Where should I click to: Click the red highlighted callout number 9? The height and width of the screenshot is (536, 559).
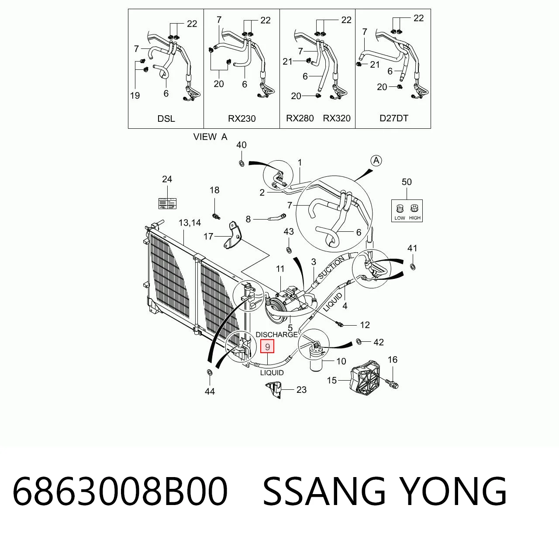pyautogui.click(x=267, y=346)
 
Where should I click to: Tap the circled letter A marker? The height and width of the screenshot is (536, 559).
pyautogui.click(x=376, y=161)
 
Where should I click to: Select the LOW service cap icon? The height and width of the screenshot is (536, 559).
pyautogui.click(x=400, y=208)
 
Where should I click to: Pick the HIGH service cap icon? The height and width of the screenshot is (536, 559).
pyautogui.click(x=414, y=208)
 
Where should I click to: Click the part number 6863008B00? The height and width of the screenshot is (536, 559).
pyautogui.click(x=120, y=491)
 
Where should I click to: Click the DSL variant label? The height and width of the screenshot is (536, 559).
pyautogui.click(x=166, y=119)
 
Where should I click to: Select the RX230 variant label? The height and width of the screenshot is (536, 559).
pyautogui.click(x=242, y=119)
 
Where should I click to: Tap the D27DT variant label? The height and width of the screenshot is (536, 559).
pyautogui.click(x=393, y=118)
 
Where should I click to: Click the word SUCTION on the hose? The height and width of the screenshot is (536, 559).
pyautogui.click(x=331, y=267)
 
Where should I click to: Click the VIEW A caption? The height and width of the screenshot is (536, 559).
pyautogui.click(x=210, y=137)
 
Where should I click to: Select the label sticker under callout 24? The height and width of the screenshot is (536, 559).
pyautogui.click(x=167, y=203)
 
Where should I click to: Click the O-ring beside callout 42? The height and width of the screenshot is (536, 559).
pyautogui.click(x=359, y=341)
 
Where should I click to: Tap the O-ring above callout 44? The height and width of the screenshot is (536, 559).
pyautogui.click(x=210, y=372)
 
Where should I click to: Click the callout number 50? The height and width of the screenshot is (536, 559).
pyautogui.click(x=407, y=182)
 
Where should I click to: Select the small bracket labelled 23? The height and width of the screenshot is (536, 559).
pyautogui.click(x=273, y=390)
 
